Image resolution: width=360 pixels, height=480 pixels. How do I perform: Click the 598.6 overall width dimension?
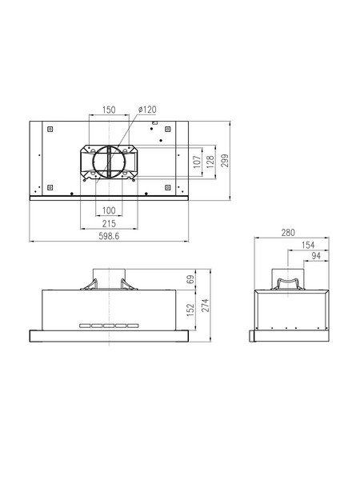[109, 236]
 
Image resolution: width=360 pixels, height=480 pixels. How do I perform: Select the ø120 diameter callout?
[147, 110]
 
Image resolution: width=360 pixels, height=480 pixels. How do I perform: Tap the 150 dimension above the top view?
[109, 110]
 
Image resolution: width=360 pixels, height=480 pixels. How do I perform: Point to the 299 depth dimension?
[226, 161]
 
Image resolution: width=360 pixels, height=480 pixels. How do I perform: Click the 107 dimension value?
[198, 162]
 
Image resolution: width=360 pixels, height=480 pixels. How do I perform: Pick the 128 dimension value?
[210, 162]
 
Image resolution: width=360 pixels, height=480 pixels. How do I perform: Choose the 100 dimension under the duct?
[109, 210]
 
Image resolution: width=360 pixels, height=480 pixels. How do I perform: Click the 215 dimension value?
[109, 224]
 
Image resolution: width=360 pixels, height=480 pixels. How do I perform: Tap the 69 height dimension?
[190, 279]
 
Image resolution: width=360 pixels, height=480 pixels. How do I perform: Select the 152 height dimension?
[190, 310]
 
